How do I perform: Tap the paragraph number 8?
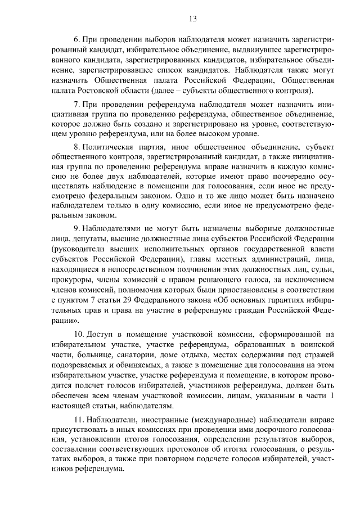tap(77, 148)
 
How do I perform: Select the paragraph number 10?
tap(79, 334)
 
